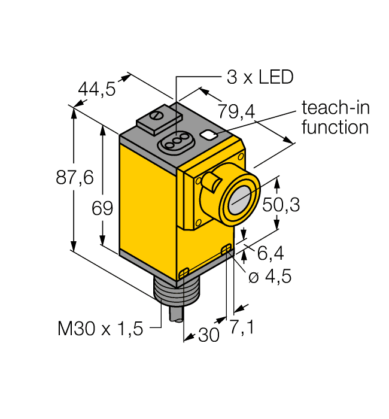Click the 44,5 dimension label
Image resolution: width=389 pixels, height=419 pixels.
(96, 89)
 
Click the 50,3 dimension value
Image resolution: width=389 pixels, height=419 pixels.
(281, 205)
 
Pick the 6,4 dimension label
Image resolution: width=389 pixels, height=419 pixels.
(270, 254)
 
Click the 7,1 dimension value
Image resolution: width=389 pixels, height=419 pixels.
(241, 328)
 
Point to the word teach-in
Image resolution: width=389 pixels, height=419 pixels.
(336, 108)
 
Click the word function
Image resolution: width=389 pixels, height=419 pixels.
(335, 127)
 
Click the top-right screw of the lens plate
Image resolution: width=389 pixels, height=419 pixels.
(241, 156)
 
